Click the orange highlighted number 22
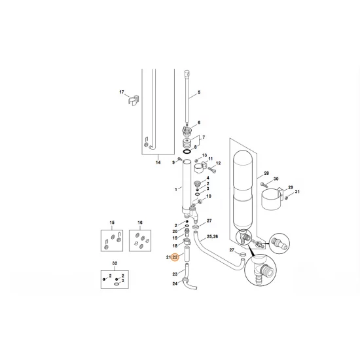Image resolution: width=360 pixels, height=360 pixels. pos(175,257)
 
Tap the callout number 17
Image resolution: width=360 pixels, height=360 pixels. pos(122,92)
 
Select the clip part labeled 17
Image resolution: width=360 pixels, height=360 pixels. pos(133,100)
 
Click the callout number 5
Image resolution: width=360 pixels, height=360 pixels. pos(199,92)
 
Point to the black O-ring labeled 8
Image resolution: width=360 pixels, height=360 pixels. pos(187,152)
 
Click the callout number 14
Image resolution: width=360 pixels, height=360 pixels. pos(158,162)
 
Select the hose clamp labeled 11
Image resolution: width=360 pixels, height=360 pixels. pos(199,167)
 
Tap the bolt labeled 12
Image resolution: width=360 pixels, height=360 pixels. pos(212,170)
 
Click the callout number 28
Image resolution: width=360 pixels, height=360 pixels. pos(266,173)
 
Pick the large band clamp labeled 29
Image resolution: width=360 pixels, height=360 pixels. pos(272,199)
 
